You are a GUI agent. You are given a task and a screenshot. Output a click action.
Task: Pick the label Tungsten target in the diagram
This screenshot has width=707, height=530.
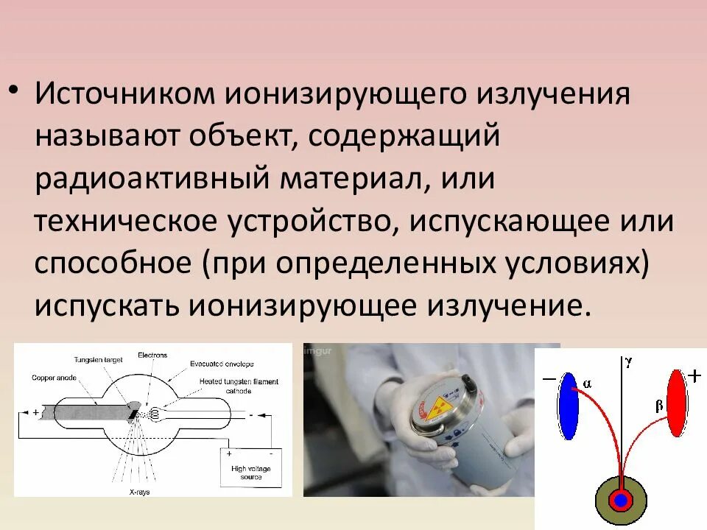coord(98,360)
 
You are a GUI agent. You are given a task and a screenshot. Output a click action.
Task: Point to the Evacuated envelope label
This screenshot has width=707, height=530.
coord(222,364)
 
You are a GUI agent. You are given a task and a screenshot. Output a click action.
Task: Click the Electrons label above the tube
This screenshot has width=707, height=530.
coord(152,355)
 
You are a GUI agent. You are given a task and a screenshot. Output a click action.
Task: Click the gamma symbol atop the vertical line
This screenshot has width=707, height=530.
coord(627,361)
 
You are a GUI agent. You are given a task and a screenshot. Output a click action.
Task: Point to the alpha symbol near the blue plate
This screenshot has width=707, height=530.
coord(587,383)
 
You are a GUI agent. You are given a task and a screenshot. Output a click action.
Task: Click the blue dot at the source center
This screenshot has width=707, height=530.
coord(621,501)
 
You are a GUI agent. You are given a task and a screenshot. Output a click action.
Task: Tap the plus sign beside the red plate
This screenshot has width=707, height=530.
coord(694,376)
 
